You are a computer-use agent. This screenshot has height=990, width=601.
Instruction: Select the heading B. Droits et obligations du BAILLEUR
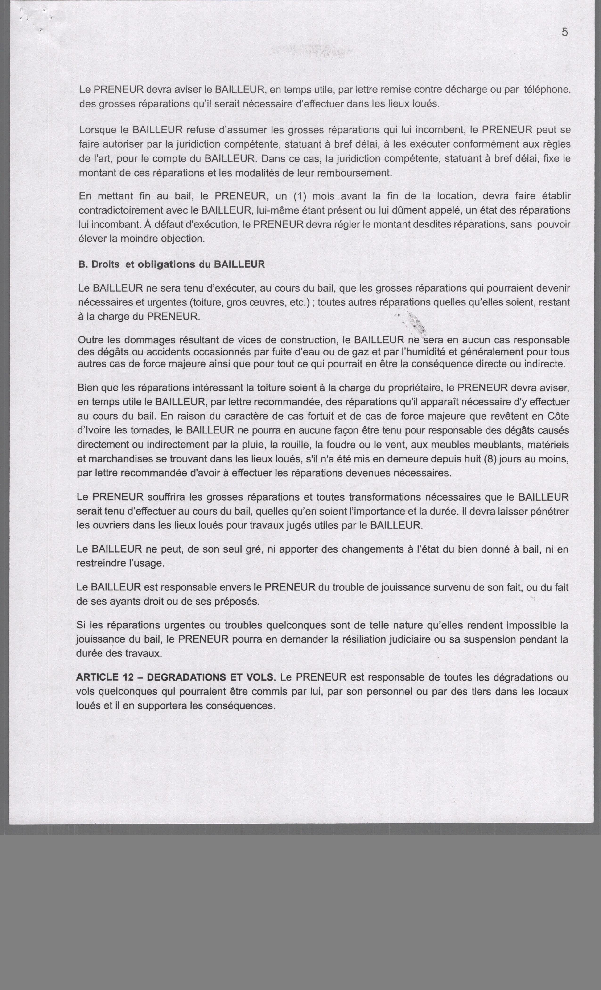point(172,265)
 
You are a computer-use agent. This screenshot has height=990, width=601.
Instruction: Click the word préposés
point(237,602)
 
